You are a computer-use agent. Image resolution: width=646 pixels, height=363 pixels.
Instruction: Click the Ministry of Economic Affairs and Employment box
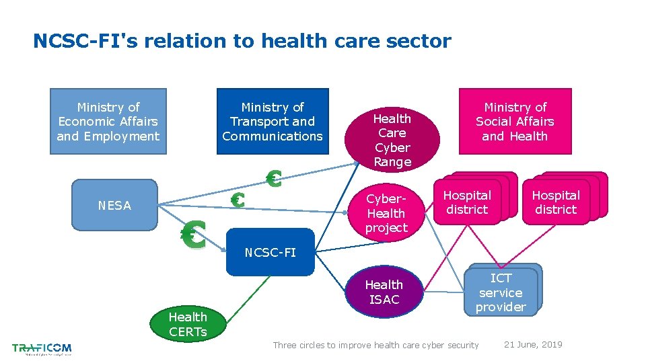pyautogui.click(x=108, y=121)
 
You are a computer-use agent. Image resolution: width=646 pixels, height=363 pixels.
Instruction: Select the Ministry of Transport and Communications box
pyautogui.click(x=272, y=121)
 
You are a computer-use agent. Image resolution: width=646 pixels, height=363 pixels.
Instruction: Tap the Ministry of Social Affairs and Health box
pyautogui.click(x=515, y=121)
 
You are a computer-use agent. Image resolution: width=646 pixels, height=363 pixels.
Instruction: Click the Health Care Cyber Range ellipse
pyautogui.click(x=392, y=140)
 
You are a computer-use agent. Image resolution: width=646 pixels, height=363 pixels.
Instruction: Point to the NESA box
pyautogui.click(x=114, y=205)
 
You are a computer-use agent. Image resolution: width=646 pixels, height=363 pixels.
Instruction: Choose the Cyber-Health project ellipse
pyautogui.click(x=386, y=213)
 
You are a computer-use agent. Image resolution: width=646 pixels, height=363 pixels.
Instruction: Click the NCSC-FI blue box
pyautogui.click(x=270, y=253)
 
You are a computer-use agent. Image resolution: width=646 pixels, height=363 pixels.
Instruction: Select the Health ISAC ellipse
pyautogui.click(x=384, y=292)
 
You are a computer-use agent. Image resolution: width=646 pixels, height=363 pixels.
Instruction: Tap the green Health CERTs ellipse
pyautogui.click(x=188, y=323)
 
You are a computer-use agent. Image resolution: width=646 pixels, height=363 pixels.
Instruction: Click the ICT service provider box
pyautogui.click(x=501, y=292)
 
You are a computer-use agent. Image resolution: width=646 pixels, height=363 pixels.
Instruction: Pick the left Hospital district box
pyautogui.click(x=467, y=202)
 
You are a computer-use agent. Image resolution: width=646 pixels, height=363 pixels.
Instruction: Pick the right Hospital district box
pyautogui.click(x=556, y=202)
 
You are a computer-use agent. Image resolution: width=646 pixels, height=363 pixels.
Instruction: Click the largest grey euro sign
pyautogui.click(x=193, y=235)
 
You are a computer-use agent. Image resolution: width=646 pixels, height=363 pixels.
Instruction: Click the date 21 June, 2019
pyautogui.click(x=533, y=345)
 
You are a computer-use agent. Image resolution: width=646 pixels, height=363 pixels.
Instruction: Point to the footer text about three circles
pyautogui.click(x=375, y=346)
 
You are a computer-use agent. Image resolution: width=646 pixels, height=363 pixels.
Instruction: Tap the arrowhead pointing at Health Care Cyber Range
pyautogui.click(x=355, y=162)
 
